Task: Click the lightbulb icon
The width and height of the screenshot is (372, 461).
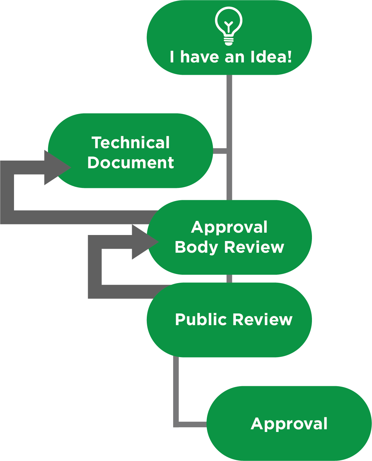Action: point(229,26)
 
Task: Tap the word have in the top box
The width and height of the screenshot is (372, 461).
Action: point(200,57)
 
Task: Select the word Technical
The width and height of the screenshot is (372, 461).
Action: point(131,143)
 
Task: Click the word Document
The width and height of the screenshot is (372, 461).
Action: point(130,163)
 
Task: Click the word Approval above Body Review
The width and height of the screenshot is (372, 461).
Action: point(229,227)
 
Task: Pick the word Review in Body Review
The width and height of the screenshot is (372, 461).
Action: point(254,247)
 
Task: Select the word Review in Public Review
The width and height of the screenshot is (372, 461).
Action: point(262,319)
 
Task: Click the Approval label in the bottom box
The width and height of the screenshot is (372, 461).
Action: point(289,424)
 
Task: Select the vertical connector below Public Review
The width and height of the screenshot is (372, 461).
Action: point(176,387)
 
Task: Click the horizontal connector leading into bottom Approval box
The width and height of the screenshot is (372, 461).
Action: point(192,425)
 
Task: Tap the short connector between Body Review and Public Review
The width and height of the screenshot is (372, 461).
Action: point(229,279)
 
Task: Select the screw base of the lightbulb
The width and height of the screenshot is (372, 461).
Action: point(229,41)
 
